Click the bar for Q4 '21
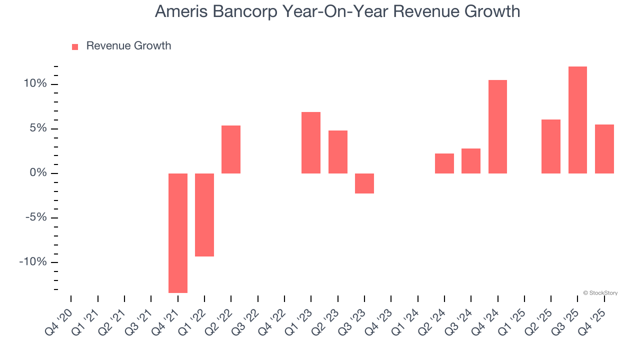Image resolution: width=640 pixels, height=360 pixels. pos(178,233)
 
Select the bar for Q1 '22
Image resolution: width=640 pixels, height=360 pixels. pos(204,215)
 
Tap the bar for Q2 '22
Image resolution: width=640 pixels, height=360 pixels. pos(231,149)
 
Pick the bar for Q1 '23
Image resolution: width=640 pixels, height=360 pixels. pos(311,142)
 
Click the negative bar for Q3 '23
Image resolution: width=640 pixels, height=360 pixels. pos(364,183)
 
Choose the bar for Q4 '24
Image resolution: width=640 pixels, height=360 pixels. pos(497,126)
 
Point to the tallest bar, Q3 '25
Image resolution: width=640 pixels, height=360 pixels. pos(577,120)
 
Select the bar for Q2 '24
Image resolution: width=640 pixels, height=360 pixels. pos(444,163)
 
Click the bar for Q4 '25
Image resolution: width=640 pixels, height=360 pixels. pos(604,149)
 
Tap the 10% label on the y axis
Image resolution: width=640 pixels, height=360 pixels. pos(35,83)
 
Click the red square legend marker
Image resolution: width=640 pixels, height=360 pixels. pos(75,47)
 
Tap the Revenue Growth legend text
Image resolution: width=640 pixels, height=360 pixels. pos(128,46)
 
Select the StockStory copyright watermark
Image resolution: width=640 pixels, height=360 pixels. pos(600,293)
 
